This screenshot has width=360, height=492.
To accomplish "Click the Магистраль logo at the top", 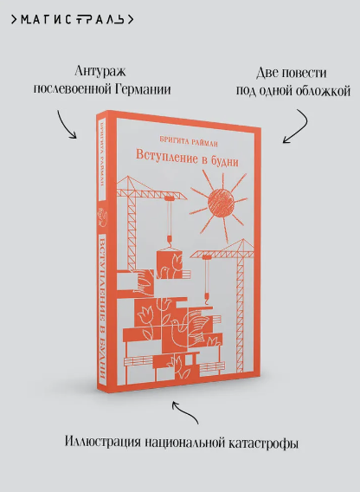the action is coord(73,20).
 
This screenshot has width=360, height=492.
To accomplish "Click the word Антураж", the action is coord(100,71).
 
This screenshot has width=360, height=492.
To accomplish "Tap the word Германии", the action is coord(143,89).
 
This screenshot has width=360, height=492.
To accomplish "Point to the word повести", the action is coord(305,73).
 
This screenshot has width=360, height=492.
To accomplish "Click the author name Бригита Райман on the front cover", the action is coord(189,141).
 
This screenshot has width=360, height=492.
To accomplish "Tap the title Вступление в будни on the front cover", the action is coord(187,159).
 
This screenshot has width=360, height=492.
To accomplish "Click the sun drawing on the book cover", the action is coord(221,204).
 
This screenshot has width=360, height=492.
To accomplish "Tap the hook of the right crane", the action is coord(208,299).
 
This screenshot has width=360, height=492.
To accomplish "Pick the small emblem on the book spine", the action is coord(102,218).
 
